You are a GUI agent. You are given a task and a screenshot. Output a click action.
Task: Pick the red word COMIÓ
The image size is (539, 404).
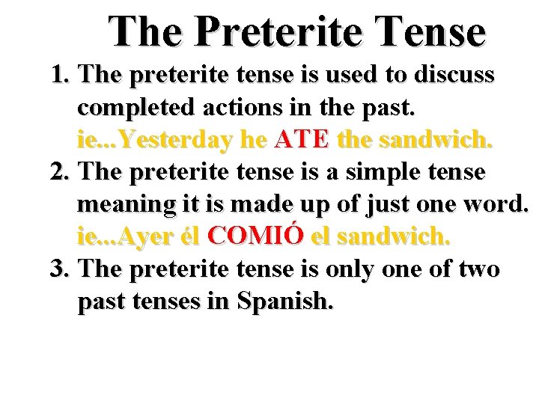256,236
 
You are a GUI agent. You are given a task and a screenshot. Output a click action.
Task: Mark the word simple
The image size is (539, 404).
386,172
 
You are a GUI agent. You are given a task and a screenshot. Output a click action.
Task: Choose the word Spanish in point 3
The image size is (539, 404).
285,302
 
